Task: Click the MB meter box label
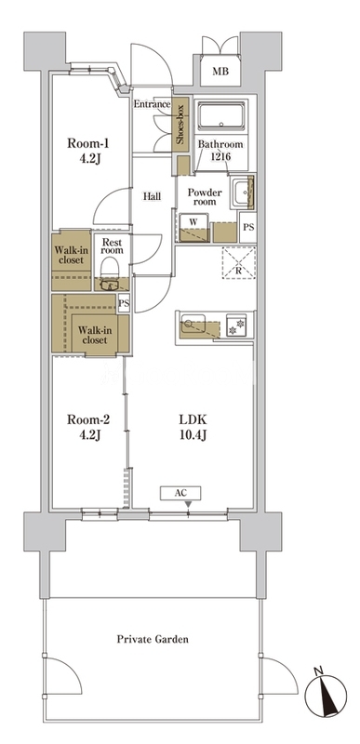tap(220, 73)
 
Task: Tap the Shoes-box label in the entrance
tap(180, 125)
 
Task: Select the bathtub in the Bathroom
tap(221, 115)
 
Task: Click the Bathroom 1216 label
tap(220, 149)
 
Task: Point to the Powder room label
tap(205, 197)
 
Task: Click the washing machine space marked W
tap(193, 228)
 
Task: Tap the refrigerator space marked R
tap(239, 263)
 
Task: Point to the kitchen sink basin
tap(193, 323)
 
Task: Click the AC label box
tap(180, 493)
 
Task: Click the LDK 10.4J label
tap(193, 427)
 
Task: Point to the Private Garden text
tap(153, 639)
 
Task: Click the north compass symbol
tap(326, 695)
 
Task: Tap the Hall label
tap(152, 196)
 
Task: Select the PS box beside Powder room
tap(247, 227)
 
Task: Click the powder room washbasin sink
tap(242, 193)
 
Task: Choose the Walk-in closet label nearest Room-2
tap(95, 336)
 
